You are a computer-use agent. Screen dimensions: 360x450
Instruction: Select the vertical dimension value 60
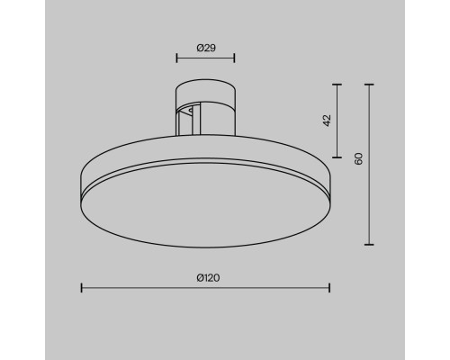tap(358, 158)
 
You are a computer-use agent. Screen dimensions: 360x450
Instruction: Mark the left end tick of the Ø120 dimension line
tap(82, 288)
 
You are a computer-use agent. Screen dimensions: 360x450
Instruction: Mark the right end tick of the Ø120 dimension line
tap(330, 288)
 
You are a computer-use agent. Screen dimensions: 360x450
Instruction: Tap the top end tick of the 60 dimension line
tap(369, 85)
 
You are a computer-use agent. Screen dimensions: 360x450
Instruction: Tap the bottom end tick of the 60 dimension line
tap(369, 244)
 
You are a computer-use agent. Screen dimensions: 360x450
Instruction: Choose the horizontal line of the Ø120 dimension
tap(144, 288)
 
